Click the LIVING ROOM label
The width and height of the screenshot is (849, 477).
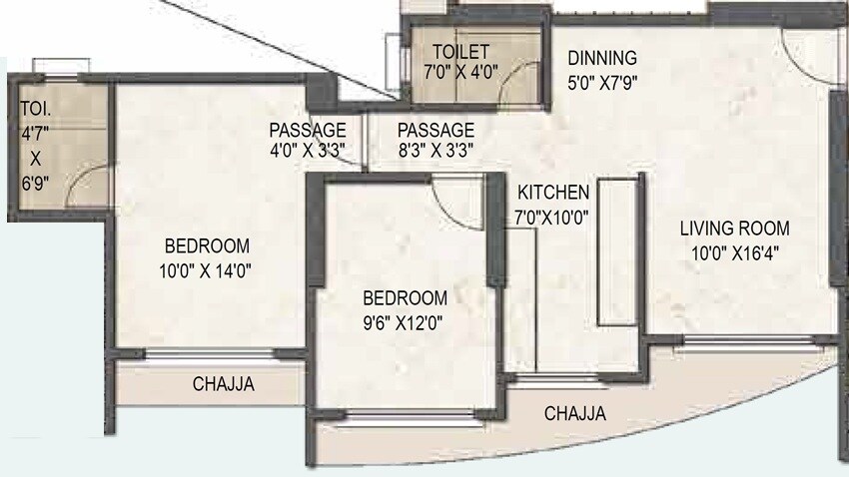(734, 228)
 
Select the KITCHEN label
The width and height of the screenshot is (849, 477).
(553, 192)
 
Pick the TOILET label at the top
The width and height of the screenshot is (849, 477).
(461, 52)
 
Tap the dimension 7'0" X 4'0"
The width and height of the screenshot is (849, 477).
(461, 73)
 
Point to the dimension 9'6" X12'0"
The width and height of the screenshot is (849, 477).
(404, 321)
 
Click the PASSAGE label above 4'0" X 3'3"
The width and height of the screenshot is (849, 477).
(308, 130)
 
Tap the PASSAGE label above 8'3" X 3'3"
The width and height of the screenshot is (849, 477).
(435, 130)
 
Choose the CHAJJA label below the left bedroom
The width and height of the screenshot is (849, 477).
(223, 382)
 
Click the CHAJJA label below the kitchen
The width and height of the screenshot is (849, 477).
(574, 413)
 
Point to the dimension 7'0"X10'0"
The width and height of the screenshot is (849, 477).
(553, 213)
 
